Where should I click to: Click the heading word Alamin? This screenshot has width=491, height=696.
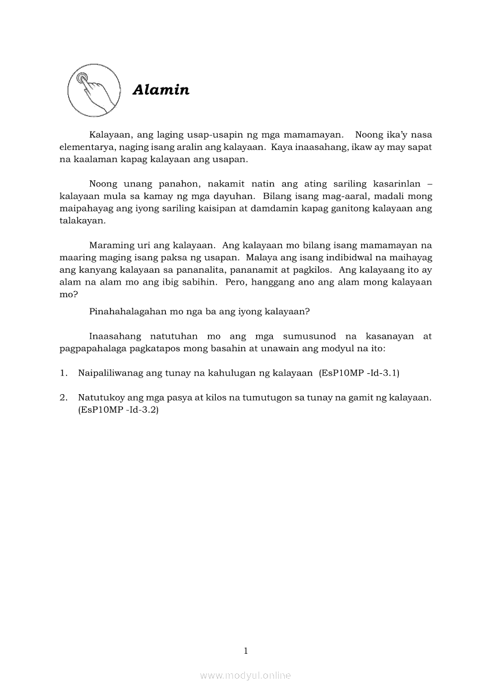[x=161, y=90]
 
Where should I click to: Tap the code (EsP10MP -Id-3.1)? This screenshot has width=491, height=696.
[x=359, y=373]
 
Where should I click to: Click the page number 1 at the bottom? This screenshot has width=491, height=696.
[x=245, y=651]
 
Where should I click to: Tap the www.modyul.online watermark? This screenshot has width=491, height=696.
[x=245, y=675]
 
